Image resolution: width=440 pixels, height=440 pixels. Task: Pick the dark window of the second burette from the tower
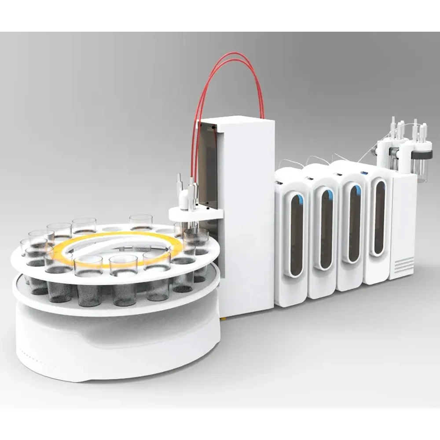[x=326, y=229]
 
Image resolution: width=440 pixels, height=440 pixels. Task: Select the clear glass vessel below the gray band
[x=420, y=169]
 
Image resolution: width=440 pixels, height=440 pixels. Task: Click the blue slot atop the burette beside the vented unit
[x=365, y=173]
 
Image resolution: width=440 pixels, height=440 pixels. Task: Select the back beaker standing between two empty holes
[x=141, y=222]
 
